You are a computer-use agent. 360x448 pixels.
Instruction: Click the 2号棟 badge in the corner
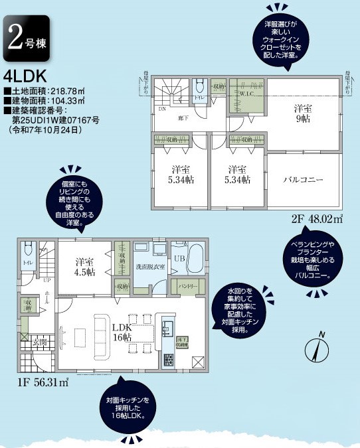tap(25, 38)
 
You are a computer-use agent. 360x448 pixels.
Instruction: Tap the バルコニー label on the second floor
tap(303, 180)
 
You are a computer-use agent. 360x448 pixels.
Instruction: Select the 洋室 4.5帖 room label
tap(85, 266)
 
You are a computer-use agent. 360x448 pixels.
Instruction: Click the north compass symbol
tap(317, 349)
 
